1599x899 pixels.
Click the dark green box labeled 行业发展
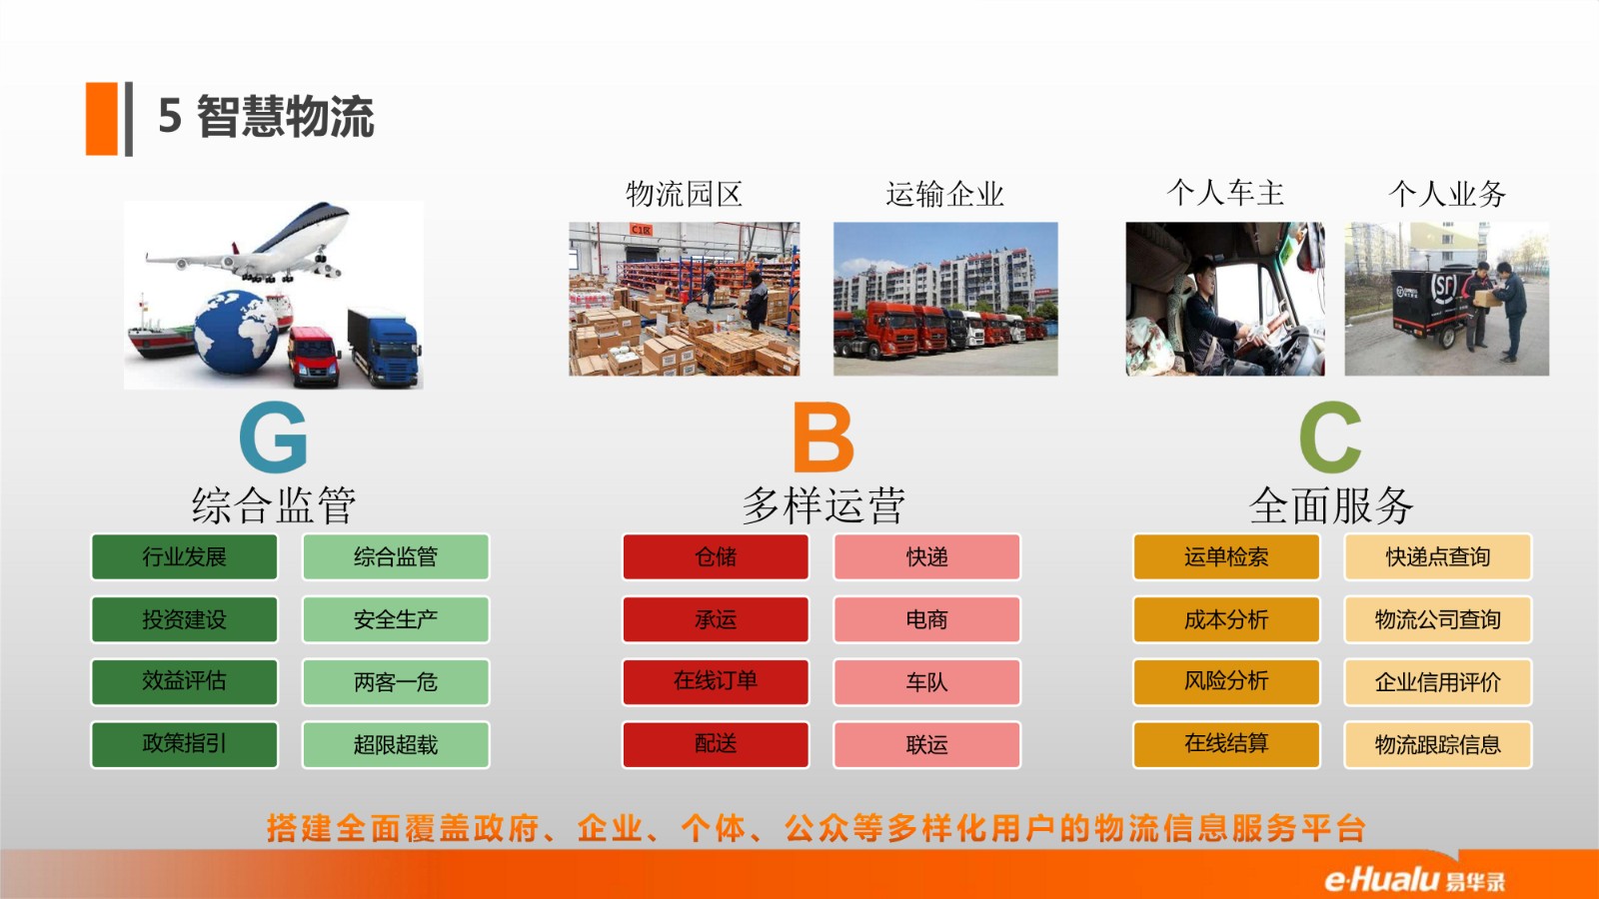[184, 556]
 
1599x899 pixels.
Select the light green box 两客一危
[396, 682]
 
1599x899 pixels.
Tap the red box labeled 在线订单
[716, 682]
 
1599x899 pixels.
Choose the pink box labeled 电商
[926, 619]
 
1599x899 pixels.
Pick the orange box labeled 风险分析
[1226, 682]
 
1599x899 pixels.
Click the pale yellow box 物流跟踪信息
[1438, 745]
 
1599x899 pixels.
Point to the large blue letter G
[274, 437]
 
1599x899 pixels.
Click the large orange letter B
[823, 437]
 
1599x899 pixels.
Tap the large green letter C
[1330, 437]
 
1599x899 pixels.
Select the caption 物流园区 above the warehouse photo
[684, 194]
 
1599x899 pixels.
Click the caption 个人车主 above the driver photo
[1225, 193]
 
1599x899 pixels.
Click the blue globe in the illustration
[236, 332]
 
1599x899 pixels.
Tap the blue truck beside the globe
[384, 348]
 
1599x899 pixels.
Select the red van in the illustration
[314, 357]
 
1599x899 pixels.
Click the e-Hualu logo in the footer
[1415, 879]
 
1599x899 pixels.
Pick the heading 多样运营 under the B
[823, 505]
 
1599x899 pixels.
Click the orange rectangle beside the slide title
[101, 119]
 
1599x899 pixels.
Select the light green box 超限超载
[396, 745]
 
